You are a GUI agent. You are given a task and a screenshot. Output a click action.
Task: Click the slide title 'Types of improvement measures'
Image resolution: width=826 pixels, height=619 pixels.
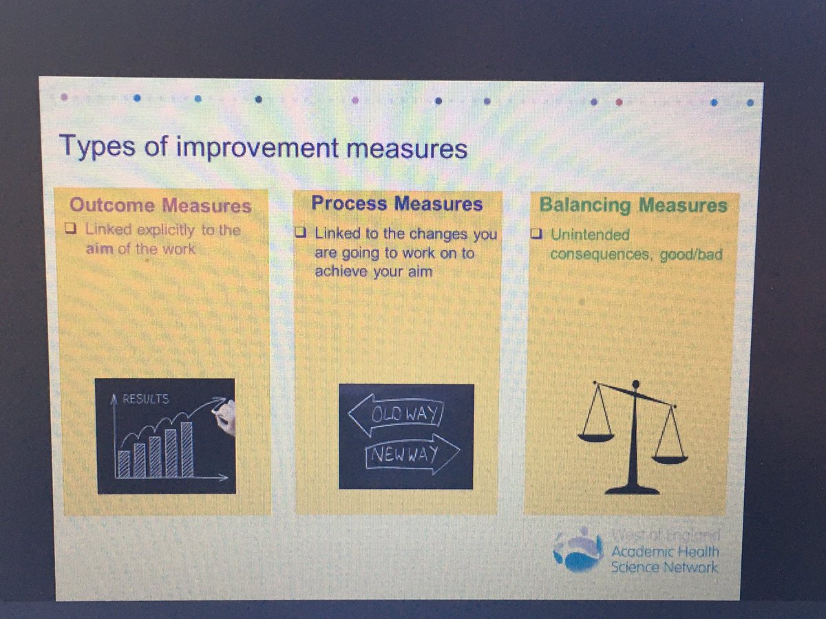pyautogui.click(x=263, y=147)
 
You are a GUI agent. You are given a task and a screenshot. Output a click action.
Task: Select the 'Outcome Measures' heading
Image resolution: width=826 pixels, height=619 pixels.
pyautogui.click(x=160, y=206)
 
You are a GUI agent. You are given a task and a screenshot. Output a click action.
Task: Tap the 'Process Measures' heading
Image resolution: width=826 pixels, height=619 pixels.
pyautogui.click(x=396, y=204)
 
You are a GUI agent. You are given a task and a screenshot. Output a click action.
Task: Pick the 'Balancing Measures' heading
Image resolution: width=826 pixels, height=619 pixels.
pyautogui.click(x=633, y=205)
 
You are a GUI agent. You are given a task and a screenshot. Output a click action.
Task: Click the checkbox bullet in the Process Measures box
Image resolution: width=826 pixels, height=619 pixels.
pyautogui.click(x=301, y=234)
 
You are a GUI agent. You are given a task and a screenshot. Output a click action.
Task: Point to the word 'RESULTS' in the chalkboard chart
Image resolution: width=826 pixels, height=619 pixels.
pyautogui.click(x=145, y=399)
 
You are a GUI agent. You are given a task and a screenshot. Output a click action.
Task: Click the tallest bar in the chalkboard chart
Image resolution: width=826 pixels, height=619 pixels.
pyautogui.click(x=186, y=450)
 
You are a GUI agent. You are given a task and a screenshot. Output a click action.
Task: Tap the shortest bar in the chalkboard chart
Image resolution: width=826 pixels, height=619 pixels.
pyautogui.click(x=125, y=464)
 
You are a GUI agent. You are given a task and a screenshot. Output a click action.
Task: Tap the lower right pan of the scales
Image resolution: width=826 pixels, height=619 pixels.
pyautogui.click(x=670, y=457)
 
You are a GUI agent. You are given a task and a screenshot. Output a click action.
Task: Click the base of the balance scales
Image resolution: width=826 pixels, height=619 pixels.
pyautogui.click(x=632, y=489)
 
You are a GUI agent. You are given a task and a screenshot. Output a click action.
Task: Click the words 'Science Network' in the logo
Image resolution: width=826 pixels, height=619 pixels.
pyautogui.click(x=664, y=567)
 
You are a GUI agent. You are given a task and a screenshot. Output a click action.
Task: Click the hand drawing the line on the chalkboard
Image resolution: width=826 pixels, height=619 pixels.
pyautogui.click(x=226, y=415)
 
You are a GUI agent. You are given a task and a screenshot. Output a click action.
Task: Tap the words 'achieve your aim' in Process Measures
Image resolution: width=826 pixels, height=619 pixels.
pyautogui.click(x=374, y=272)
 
